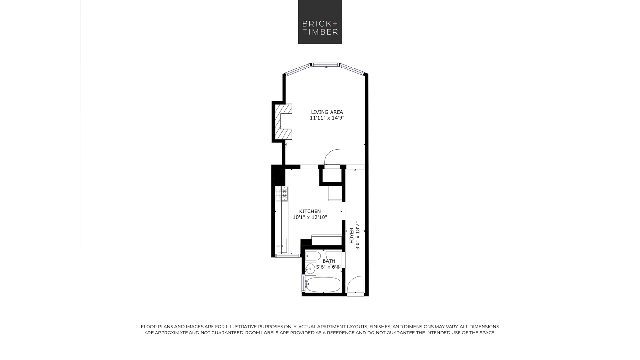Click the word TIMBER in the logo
(x=316, y=32)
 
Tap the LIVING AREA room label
(x=327, y=112)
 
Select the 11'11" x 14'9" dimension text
(x=327, y=118)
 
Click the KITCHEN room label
(x=310, y=211)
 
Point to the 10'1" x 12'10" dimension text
(x=310, y=217)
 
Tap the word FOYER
(x=352, y=235)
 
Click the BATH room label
(x=329, y=261)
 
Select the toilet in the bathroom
(x=313, y=256)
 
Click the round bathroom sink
(x=310, y=268)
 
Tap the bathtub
(x=323, y=284)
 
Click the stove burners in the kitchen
(x=281, y=194)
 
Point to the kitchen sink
(x=282, y=246)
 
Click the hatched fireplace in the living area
(x=283, y=122)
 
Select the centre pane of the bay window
(x=325, y=65)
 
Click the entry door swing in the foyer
(x=356, y=284)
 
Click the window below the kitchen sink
(x=287, y=256)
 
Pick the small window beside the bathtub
(x=303, y=283)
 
